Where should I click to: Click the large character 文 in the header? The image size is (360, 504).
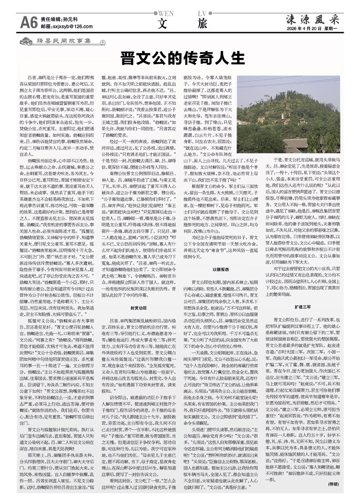tap(164, 23)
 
